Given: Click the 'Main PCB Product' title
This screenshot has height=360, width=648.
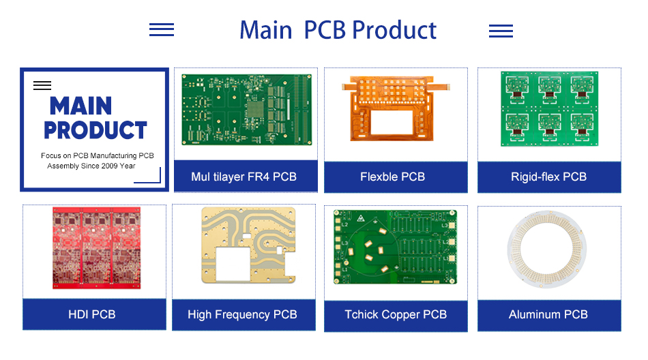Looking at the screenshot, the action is pyautogui.click(x=338, y=31).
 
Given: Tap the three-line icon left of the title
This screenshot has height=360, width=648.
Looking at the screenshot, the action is pyautogui.click(x=162, y=29).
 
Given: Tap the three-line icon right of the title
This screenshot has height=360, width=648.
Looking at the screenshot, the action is pyautogui.click(x=501, y=31).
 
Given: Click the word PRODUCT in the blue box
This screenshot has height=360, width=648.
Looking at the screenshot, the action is pyautogui.click(x=95, y=130).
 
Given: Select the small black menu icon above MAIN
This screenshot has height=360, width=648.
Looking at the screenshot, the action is pyautogui.click(x=42, y=85).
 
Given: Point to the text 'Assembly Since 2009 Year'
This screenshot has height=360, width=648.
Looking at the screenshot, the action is pyautogui.click(x=91, y=166).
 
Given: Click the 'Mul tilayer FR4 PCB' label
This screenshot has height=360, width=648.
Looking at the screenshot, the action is pyautogui.click(x=244, y=177).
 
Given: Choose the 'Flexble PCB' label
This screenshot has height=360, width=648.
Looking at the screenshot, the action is pyautogui.click(x=392, y=177).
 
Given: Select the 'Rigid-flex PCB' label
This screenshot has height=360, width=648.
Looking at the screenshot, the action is pyautogui.click(x=548, y=177).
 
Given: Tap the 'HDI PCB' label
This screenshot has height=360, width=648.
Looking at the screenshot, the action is pyautogui.click(x=92, y=314).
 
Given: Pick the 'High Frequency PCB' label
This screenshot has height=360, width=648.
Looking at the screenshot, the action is pyautogui.click(x=242, y=314).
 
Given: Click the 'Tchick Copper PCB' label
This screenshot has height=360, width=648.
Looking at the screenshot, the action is pyautogui.click(x=396, y=314).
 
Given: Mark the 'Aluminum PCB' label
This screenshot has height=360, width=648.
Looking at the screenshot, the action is pyautogui.click(x=548, y=314).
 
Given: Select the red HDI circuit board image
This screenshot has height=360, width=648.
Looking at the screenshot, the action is pyautogui.click(x=95, y=248).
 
